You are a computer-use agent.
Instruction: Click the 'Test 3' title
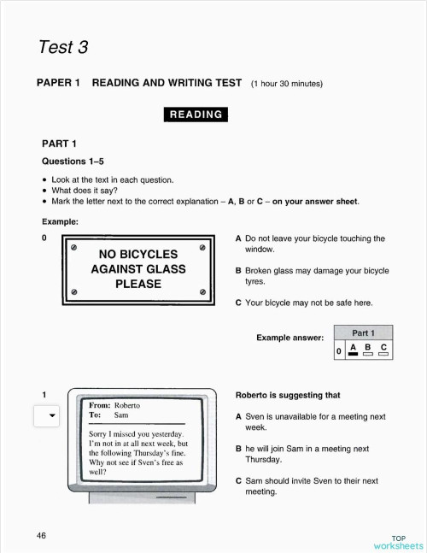63,46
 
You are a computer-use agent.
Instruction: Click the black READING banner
196,114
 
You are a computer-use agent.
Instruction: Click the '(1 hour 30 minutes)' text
287,84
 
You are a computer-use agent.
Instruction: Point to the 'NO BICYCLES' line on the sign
137,254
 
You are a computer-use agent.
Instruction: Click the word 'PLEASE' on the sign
137,284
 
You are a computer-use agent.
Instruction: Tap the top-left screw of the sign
73,248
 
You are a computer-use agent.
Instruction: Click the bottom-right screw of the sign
202,291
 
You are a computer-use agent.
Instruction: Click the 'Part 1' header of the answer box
364,332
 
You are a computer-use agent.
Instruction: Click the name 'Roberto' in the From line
126,405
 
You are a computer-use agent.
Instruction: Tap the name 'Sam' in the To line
120,415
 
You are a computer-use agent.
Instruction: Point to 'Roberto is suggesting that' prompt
287,396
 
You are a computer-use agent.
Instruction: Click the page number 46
41,535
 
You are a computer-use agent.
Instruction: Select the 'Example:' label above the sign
60,221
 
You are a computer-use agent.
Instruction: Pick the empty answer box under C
383,355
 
